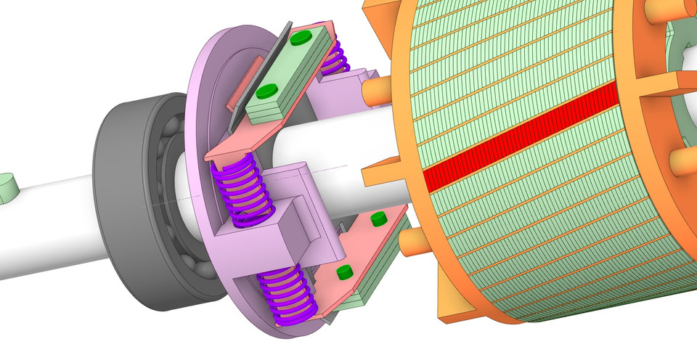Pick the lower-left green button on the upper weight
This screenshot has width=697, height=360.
click(x=266, y=91)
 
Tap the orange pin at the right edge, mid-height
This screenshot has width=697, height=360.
click(x=682, y=161)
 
